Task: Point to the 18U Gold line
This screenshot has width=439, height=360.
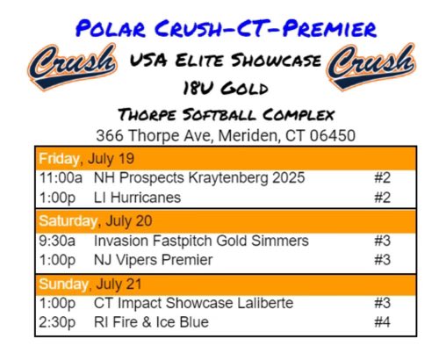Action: pyautogui.click(x=220, y=89)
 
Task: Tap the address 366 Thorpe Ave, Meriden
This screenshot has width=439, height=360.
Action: pyautogui.click(x=219, y=137)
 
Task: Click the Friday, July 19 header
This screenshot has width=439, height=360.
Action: pyautogui.click(x=76, y=159)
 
